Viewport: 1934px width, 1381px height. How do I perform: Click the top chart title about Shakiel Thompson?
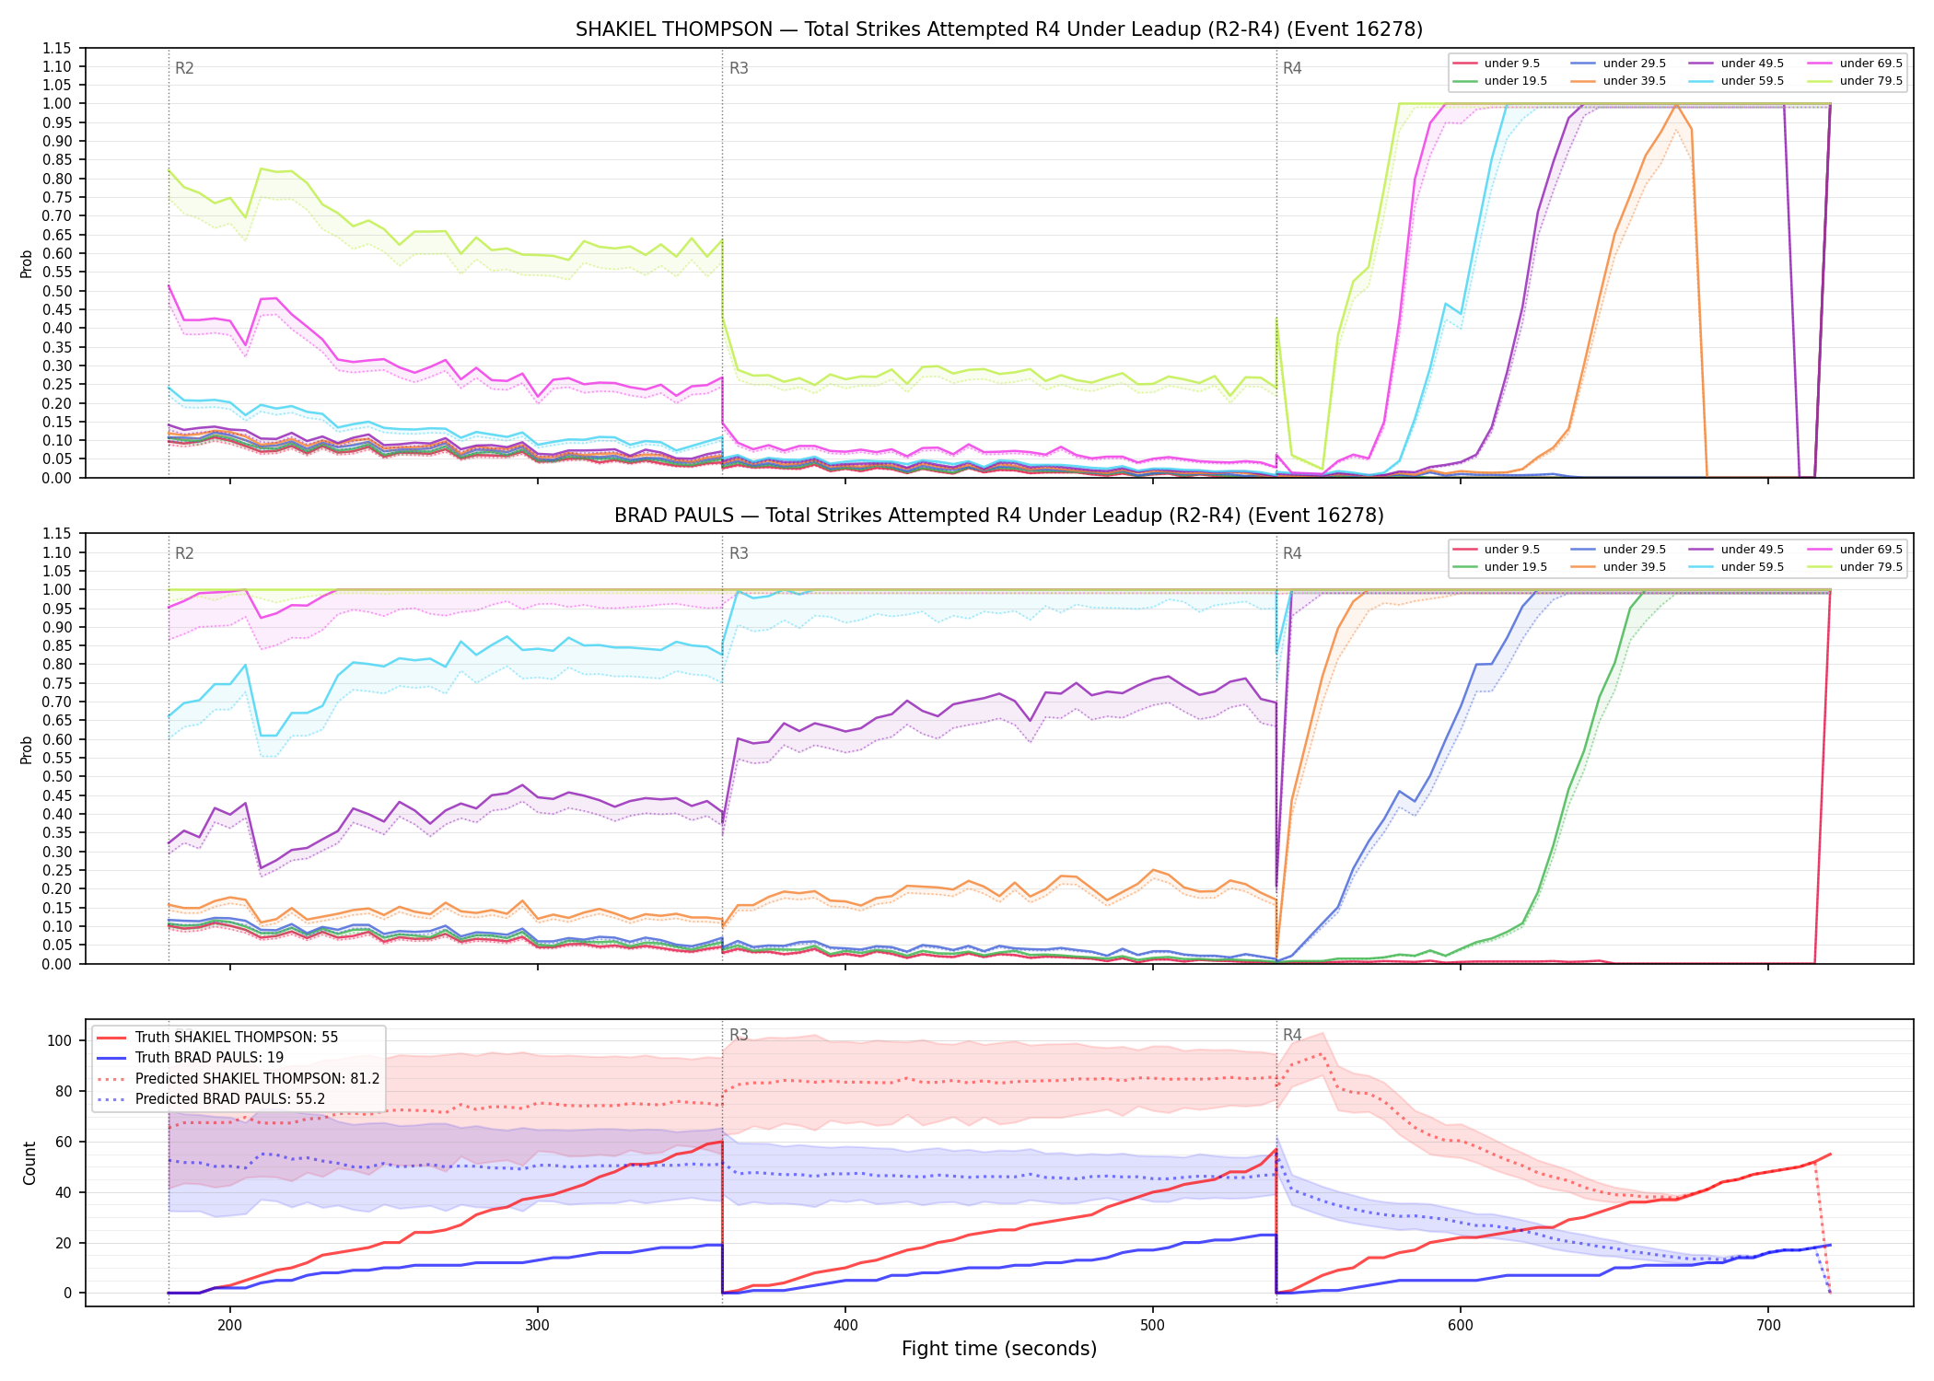click(x=999, y=29)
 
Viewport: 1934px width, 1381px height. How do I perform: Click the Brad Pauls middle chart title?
click(x=999, y=516)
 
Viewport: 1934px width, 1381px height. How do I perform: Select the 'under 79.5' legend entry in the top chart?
click(x=1870, y=81)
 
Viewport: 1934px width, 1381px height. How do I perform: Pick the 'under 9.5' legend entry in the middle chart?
click(x=1511, y=550)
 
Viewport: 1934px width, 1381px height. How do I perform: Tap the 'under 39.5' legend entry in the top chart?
click(x=1634, y=81)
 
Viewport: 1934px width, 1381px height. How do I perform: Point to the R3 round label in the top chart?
click(x=739, y=68)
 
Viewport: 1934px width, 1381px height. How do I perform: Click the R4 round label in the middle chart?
click(x=1292, y=553)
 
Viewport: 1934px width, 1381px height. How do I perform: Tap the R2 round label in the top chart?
click(x=184, y=68)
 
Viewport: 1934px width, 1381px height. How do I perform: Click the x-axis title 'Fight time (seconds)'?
click(x=999, y=1349)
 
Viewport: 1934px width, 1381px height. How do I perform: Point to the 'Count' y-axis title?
click(x=29, y=1164)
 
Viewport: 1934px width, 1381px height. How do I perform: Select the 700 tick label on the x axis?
click(x=1768, y=1326)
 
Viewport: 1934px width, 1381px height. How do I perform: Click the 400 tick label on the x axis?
click(x=845, y=1326)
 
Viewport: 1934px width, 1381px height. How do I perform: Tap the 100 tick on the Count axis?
click(x=59, y=1040)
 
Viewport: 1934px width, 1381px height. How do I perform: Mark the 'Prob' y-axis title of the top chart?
click(x=27, y=263)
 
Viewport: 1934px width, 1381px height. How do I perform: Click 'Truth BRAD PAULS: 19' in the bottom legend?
click(x=209, y=1058)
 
